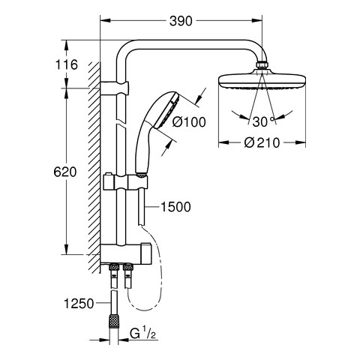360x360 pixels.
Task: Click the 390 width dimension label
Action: [x=181, y=21]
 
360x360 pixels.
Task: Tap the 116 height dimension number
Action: [x=67, y=64]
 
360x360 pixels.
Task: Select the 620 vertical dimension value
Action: [x=65, y=172]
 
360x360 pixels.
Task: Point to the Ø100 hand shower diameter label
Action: [x=189, y=122]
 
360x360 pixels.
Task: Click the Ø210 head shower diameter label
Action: [x=262, y=143]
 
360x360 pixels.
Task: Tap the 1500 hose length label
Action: [x=175, y=207]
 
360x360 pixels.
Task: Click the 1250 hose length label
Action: [x=79, y=304]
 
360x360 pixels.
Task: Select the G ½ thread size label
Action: [x=143, y=334]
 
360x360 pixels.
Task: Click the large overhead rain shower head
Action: [x=262, y=80]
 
